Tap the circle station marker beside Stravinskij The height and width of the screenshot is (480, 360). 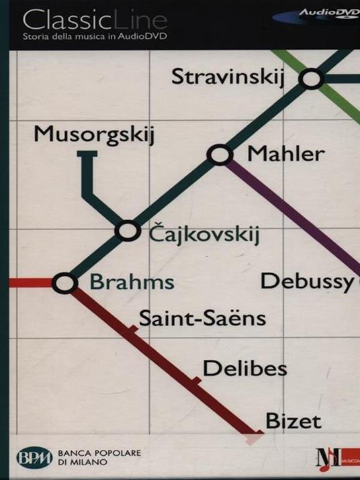click(x=312, y=79)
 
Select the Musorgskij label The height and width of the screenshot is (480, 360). click(x=95, y=134)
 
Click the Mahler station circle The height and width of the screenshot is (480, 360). click(x=219, y=155)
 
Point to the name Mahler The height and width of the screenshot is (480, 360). click(x=286, y=154)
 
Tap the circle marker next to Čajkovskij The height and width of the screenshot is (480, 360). click(x=127, y=230)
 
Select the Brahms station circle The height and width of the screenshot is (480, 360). click(x=64, y=283)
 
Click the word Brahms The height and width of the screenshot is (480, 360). click(x=132, y=282)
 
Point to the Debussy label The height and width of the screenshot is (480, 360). click(x=307, y=281)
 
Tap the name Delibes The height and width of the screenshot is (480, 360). click(x=244, y=368)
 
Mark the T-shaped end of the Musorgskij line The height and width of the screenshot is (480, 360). click(x=87, y=156)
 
